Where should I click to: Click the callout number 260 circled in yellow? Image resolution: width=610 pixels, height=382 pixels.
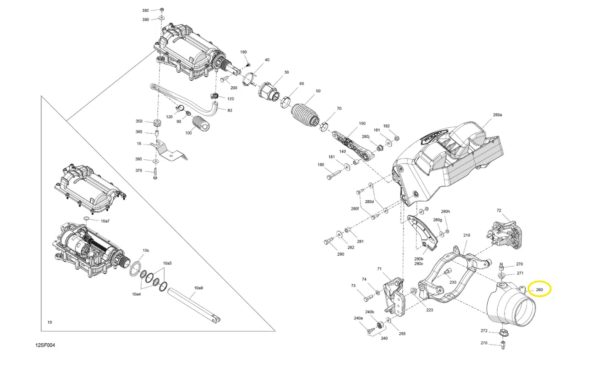click(x=539, y=289)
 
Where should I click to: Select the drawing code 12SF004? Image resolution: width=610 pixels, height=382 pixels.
click(x=45, y=345)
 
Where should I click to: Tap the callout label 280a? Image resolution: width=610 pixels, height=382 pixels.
click(x=497, y=115)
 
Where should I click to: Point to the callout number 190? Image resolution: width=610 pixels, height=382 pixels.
click(x=244, y=52)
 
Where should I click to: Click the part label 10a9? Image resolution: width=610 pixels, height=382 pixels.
click(x=198, y=288)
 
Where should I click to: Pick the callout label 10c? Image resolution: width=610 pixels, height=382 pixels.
click(x=146, y=251)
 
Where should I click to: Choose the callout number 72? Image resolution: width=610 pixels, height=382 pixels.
click(x=499, y=210)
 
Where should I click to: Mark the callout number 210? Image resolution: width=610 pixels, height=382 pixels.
click(x=466, y=235)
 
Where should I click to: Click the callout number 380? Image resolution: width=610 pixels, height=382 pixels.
click(x=145, y=11)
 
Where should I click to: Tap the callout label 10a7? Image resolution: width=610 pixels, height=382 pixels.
click(x=105, y=221)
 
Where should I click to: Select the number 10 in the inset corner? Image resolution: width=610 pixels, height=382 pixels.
click(x=49, y=322)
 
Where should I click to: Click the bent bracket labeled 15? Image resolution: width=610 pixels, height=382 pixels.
click(x=169, y=152)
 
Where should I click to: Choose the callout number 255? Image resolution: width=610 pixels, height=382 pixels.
click(x=402, y=334)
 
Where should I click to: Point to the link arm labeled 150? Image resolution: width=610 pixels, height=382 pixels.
click(x=351, y=145)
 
